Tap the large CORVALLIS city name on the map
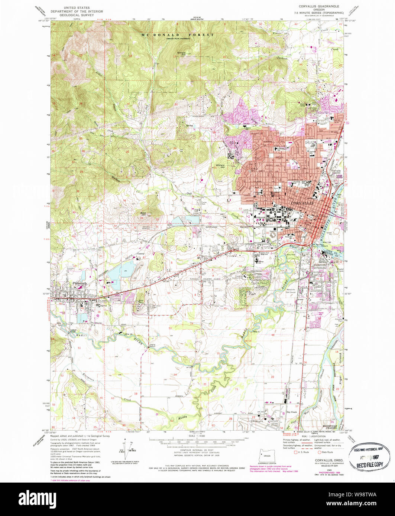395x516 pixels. [x=302, y=203]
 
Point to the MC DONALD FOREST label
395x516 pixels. [x=178, y=35]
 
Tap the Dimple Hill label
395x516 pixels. [x=181, y=53]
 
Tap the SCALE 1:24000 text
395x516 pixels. [x=197, y=436]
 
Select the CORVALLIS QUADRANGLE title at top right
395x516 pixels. [x=316, y=7]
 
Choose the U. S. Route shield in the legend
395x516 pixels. [x=296, y=452]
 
